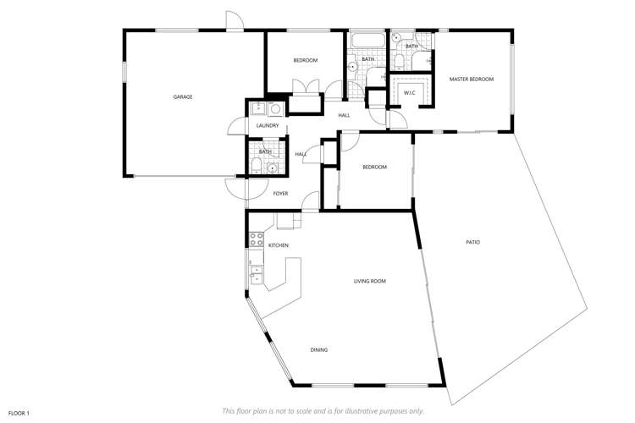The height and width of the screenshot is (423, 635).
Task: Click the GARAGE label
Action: tap(183, 97)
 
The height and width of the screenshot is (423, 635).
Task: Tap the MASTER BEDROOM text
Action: tap(471, 80)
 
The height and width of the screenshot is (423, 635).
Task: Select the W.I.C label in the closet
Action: tap(409, 92)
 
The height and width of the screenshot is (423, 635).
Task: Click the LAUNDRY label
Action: tap(268, 126)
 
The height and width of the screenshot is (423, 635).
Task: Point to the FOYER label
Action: tap(280, 194)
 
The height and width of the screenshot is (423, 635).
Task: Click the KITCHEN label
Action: tap(279, 245)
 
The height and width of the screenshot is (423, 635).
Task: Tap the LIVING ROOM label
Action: tap(370, 281)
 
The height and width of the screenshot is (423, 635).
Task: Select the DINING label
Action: tap(318, 349)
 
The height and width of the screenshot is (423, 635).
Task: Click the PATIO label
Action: tap(472, 243)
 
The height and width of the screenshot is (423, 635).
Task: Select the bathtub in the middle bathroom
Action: tap(367, 40)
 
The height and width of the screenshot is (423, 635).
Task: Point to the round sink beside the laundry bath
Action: tap(272, 168)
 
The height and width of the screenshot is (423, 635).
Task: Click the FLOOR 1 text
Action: tap(19, 413)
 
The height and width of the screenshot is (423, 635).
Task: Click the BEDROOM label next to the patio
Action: tap(374, 168)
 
